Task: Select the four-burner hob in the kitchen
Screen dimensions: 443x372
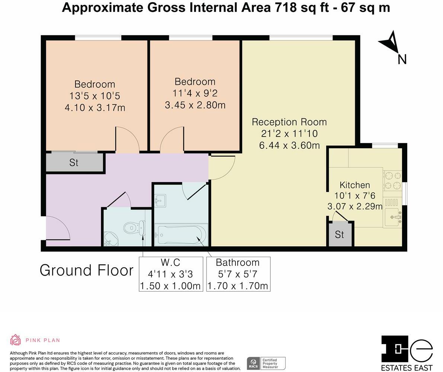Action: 393,180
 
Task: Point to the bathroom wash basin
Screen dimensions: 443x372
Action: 160,200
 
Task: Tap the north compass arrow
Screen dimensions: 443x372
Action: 390,42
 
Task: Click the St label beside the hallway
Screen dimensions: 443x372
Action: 74,163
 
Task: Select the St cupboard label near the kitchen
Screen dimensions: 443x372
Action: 339,234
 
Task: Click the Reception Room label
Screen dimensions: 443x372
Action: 289,122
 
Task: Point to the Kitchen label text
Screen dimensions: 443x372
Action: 355,185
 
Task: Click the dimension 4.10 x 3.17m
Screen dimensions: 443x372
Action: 95,108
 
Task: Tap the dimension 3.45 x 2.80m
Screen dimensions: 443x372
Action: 195,105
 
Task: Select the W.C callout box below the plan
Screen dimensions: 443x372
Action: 171,274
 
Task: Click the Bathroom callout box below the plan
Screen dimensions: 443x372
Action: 238,274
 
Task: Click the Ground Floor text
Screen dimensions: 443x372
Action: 86,270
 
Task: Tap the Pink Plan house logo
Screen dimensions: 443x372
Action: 16,340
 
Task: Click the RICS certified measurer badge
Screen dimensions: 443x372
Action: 266,363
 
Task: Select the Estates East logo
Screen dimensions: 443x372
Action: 407,353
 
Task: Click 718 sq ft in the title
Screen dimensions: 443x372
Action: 302,7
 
